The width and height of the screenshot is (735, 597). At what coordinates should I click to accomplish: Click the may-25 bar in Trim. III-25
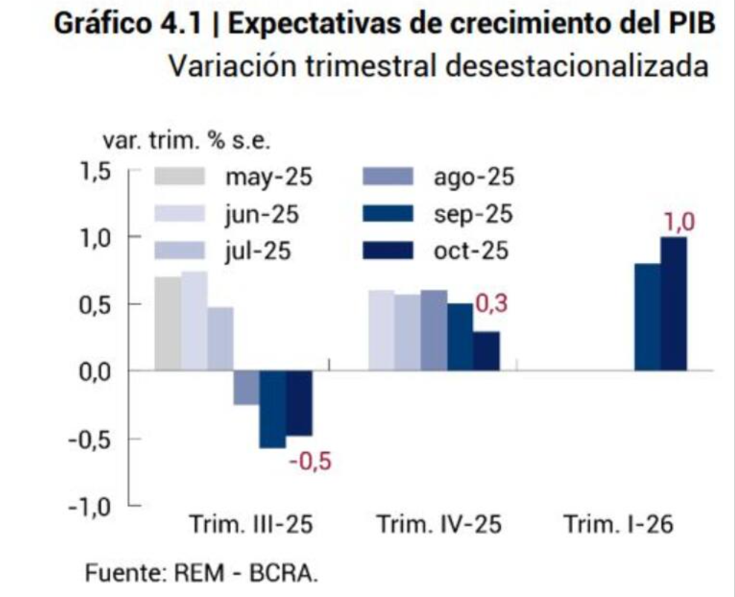tap(168, 323)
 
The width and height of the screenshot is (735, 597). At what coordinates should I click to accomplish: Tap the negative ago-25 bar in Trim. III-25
tap(246, 388)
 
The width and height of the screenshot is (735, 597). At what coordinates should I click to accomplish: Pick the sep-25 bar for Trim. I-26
tap(647, 317)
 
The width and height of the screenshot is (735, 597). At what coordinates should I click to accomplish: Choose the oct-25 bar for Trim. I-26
tap(674, 304)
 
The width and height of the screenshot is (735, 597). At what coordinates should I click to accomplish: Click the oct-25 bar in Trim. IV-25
tap(487, 350)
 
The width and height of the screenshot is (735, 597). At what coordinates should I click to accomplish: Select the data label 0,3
tap(489, 304)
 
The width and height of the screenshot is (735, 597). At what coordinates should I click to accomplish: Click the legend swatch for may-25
tap(180, 177)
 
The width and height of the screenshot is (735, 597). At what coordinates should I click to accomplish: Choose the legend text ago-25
tap(473, 177)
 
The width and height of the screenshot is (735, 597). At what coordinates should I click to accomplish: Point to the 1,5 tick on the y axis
tap(95, 171)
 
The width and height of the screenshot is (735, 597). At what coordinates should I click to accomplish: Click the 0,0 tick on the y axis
tap(95, 371)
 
